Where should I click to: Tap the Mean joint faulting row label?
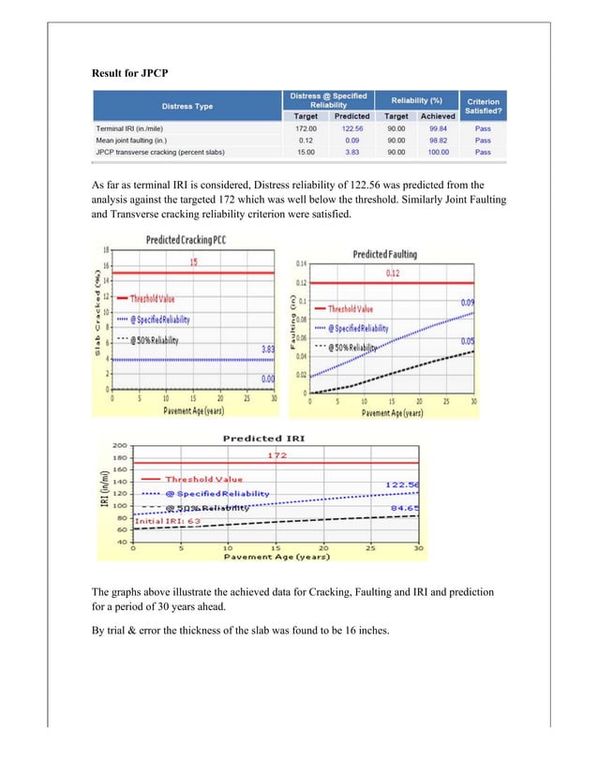142,140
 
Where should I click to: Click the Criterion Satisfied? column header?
483,106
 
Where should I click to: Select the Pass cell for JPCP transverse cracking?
483,152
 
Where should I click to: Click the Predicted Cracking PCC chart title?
186,241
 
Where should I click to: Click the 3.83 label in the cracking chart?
268,350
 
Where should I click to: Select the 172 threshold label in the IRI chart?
276,455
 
